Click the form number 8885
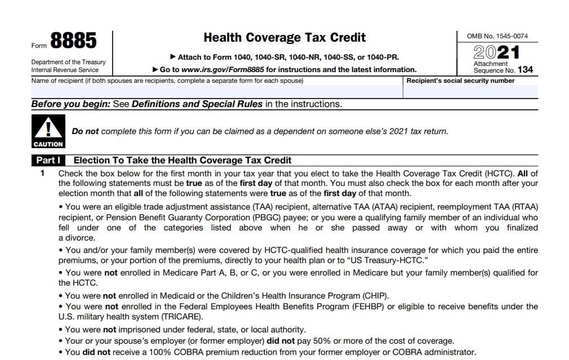pos(73,41)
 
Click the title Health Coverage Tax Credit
pos(284,38)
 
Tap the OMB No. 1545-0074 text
pos(497,36)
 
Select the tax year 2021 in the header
pos(497,52)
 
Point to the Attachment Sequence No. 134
pos(503,70)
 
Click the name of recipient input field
pos(217,91)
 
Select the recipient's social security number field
pos(471,91)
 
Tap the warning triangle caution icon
pos(48,128)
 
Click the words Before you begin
pos(70,104)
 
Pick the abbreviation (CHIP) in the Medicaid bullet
pos(374,295)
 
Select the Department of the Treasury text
pos(68,62)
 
